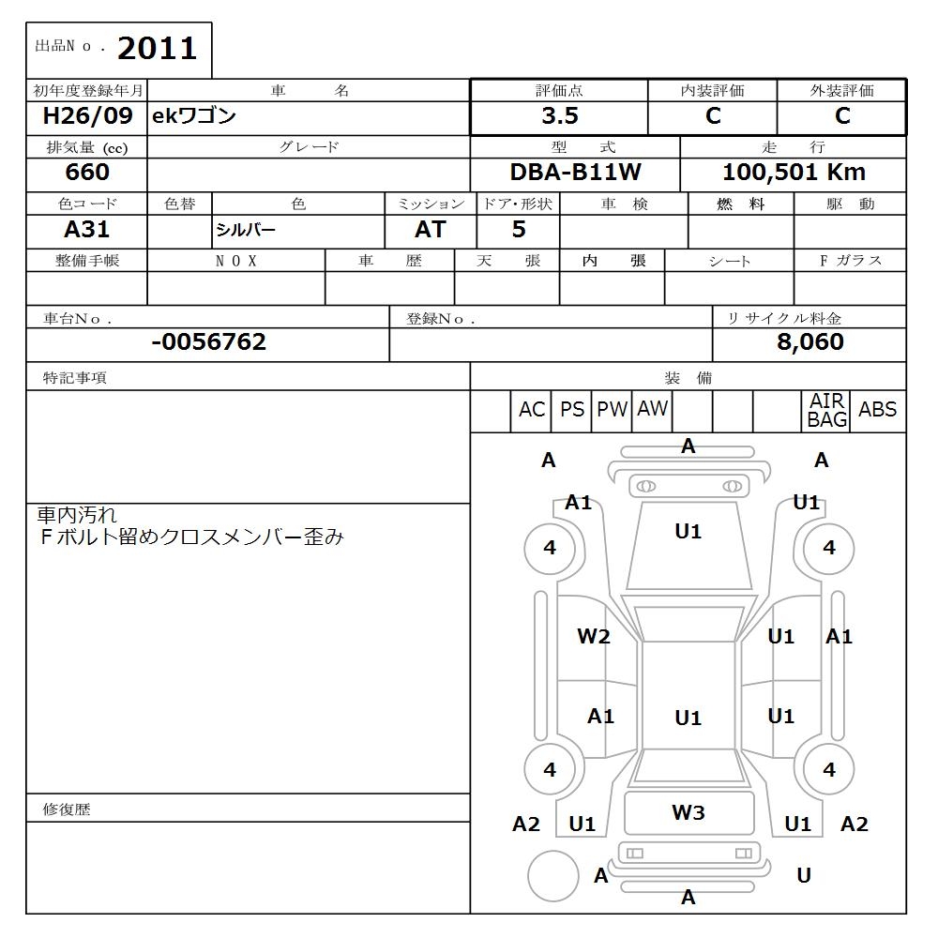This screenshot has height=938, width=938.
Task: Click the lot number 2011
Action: click(157, 48)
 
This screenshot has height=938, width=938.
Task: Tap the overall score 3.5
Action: click(559, 116)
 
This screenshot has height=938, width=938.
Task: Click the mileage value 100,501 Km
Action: click(794, 173)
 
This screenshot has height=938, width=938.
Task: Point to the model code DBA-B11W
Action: click(575, 173)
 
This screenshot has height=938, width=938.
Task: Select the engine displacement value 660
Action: click(87, 173)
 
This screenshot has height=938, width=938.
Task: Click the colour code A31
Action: click(87, 230)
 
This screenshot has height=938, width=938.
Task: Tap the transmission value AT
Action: click(431, 230)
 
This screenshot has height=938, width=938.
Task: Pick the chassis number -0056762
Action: click(208, 342)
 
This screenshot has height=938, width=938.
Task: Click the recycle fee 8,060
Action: click(809, 342)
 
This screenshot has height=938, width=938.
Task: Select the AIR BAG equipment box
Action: click(827, 411)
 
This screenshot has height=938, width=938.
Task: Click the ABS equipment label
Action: click(877, 410)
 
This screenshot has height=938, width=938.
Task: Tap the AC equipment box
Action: click(531, 410)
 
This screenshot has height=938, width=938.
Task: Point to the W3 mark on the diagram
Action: click(688, 813)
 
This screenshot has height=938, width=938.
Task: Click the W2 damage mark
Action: click(593, 637)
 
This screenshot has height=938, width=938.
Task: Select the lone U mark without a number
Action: click(803, 875)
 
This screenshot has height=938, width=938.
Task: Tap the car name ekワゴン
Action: click(194, 116)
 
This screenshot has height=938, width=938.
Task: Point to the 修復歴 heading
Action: click(67, 809)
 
